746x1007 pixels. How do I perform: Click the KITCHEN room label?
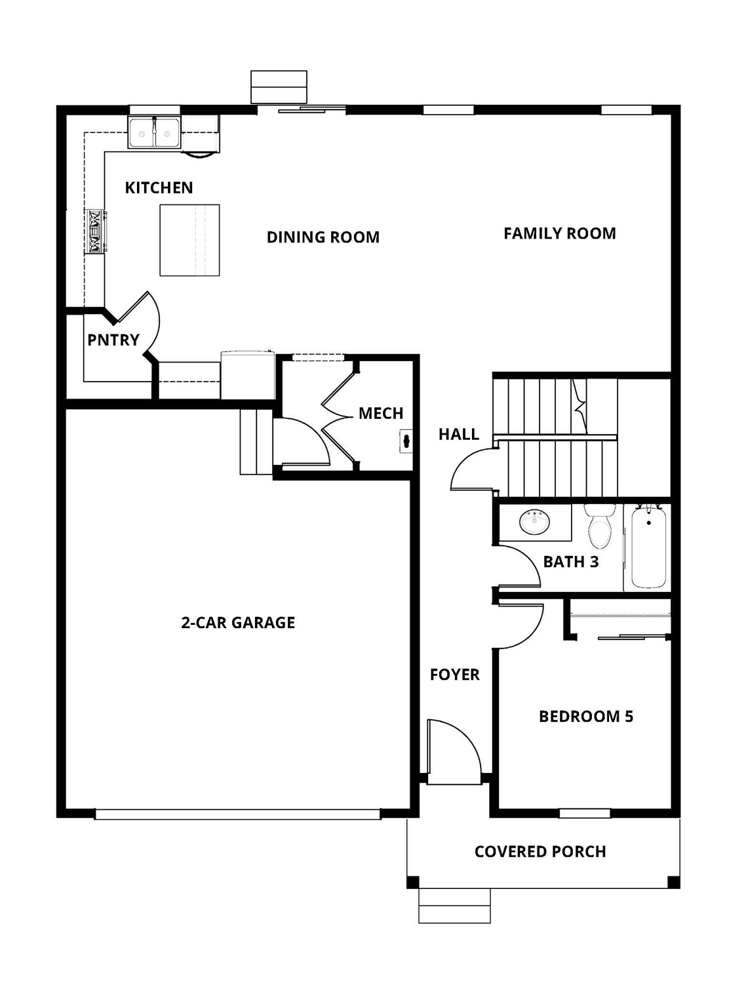159,188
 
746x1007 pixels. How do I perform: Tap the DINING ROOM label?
323,237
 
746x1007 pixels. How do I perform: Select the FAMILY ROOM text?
559,233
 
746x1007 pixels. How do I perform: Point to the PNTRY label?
113,340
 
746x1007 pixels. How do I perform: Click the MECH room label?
380,413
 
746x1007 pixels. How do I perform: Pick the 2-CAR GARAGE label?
238,622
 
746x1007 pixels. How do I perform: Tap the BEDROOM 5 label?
585,717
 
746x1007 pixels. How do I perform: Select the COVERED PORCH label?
540,852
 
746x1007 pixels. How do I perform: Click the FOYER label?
454,675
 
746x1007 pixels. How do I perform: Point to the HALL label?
458,434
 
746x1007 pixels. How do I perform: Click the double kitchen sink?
154,133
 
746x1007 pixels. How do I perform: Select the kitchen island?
189,240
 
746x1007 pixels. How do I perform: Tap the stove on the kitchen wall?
95,231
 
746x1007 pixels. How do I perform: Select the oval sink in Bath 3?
535,523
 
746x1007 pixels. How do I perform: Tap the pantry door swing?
139,325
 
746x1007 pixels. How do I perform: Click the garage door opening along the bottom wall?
237,814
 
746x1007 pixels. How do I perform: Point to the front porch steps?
454,906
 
